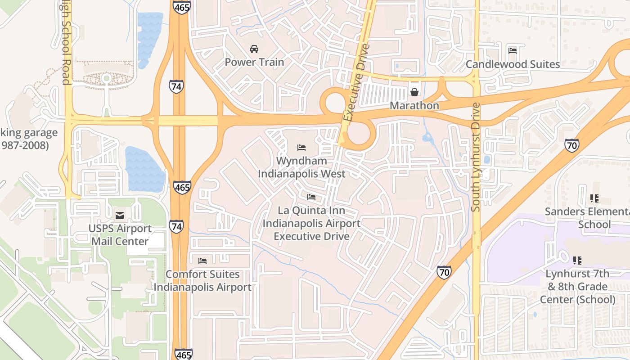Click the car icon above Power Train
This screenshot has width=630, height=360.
pos(254,49)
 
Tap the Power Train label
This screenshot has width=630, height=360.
pos(254,62)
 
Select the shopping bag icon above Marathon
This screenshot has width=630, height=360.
pos(414,92)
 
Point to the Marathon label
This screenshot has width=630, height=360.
pos(414,106)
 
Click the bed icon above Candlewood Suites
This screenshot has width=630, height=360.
pos(512,50)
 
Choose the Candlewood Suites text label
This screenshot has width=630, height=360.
pos(513,64)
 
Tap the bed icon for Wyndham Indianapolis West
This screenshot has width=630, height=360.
pos(301,147)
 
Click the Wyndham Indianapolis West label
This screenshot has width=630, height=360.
pos(301,167)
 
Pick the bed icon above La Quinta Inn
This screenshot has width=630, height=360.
pos(311,197)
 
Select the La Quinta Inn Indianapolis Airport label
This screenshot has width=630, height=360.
pos(311,223)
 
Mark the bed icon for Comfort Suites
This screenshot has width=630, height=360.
pos(202,261)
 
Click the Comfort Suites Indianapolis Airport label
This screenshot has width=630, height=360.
pos(202,281)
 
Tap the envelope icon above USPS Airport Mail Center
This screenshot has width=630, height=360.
pos(120,216)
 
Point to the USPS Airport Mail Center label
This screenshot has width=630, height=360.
pos(120,235)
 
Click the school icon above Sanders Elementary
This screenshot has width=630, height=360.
pos(594,198)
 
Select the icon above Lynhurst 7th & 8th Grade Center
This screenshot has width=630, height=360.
pos(577,260)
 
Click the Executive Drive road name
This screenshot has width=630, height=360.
pos(355,83)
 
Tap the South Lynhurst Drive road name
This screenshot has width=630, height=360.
pos(476,157)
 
